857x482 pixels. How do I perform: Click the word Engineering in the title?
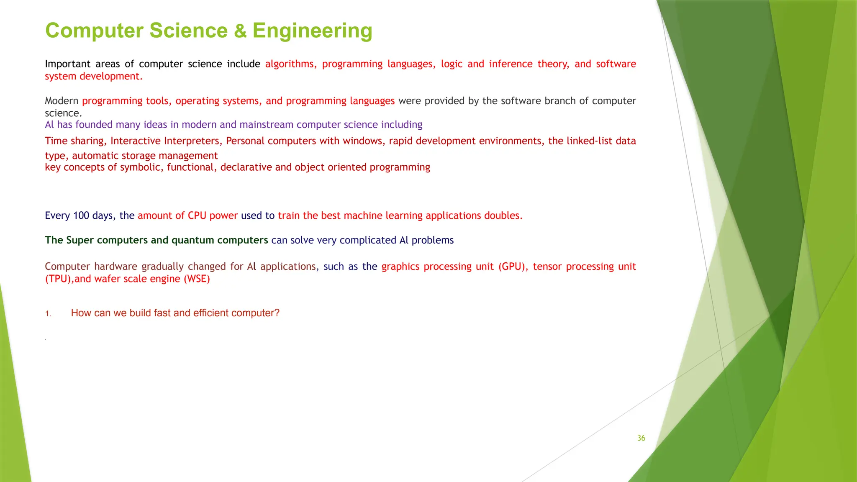click(x=312, y=31)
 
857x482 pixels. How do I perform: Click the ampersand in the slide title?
click(x=240, y=31)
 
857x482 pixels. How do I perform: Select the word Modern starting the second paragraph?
click(x=62, y=101)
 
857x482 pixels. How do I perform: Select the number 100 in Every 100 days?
click(x=81, y=215)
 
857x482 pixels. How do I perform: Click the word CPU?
click(x=197, y=215)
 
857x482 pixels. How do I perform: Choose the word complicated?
click(x=367, y=240)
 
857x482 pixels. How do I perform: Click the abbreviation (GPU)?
click(x=513, y=267)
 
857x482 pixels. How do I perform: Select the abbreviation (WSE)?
click(x=197, y=279)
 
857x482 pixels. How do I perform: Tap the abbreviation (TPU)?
click(x=59, y=279)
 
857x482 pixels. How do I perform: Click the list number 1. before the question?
click(x=48, y=314)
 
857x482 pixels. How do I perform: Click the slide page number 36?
click(x=641, y=438)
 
